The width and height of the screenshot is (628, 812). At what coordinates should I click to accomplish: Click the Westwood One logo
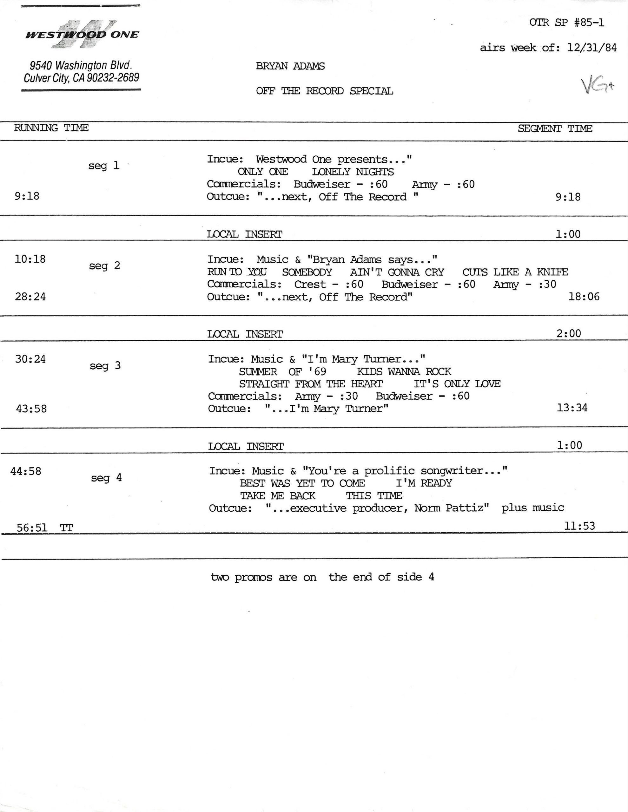point(82,34)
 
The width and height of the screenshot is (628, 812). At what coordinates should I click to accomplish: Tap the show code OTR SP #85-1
point(567,23)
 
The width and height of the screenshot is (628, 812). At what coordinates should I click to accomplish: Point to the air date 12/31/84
point(592,48)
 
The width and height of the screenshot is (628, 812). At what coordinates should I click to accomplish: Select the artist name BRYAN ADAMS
point(290,66)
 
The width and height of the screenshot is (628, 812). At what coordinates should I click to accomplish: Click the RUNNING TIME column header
point(51,128)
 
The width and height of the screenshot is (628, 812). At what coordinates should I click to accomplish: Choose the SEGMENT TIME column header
point(555,129)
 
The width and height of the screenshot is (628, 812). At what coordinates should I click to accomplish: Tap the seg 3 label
point(105,366)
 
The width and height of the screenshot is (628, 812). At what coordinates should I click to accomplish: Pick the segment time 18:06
point(584,297)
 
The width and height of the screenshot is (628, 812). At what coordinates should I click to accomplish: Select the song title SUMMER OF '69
point(282,371)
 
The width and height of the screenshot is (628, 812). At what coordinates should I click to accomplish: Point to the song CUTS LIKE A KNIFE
point(515,272)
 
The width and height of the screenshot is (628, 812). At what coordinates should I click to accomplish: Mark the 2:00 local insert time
point(568,333)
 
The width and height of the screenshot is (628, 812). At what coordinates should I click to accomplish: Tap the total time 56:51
point(32,527)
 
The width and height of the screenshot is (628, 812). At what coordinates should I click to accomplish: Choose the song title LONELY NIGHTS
point(353,172)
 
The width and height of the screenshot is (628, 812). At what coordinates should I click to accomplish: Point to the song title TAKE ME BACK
point(278,495)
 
